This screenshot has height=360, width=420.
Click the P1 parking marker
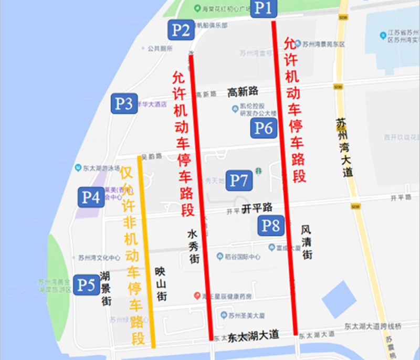pyautogui.click(x=264, y=8)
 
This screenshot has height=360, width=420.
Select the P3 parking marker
pyautogui.click(x=124, y=103)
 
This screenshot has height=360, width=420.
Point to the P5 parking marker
pyautogui.click(x=86, y=285)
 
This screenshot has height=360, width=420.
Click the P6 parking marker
pyautogui.click(x=264, y=128)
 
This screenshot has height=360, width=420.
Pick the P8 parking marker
pyautogui.click(x=271, y=226)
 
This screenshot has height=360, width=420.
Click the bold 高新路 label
pyautogui.click(x=243, y=92)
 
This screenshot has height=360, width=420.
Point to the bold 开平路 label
pyautogui.click(x=257, y=208)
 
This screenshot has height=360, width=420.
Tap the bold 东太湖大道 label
pyautogui.click(x=254, y=335)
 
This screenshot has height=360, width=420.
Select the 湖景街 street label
pyautogui.click(x=106, y=289)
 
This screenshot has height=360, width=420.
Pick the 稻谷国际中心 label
pyautogui.click(x=243, y=257)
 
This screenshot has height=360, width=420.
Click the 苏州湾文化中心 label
pyautogui.click(x=99, y=258)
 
